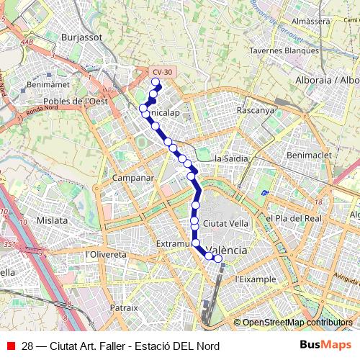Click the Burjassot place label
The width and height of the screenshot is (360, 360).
81,37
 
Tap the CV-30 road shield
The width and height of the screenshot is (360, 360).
162,72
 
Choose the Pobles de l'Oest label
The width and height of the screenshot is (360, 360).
76,102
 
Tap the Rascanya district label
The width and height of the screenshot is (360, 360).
256,111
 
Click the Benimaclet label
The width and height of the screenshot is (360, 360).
308,155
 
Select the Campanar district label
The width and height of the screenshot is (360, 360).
133,177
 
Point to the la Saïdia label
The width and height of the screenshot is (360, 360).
232,158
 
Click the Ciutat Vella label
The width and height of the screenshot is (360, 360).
225,223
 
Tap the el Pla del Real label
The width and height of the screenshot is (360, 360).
293,218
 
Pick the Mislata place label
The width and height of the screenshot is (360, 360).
52,220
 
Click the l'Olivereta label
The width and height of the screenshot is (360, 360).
106,255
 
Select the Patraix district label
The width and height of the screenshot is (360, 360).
123,307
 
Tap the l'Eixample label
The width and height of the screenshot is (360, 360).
256,279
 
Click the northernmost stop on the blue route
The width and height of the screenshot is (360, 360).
155,82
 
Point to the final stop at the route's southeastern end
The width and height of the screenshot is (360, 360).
218,258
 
